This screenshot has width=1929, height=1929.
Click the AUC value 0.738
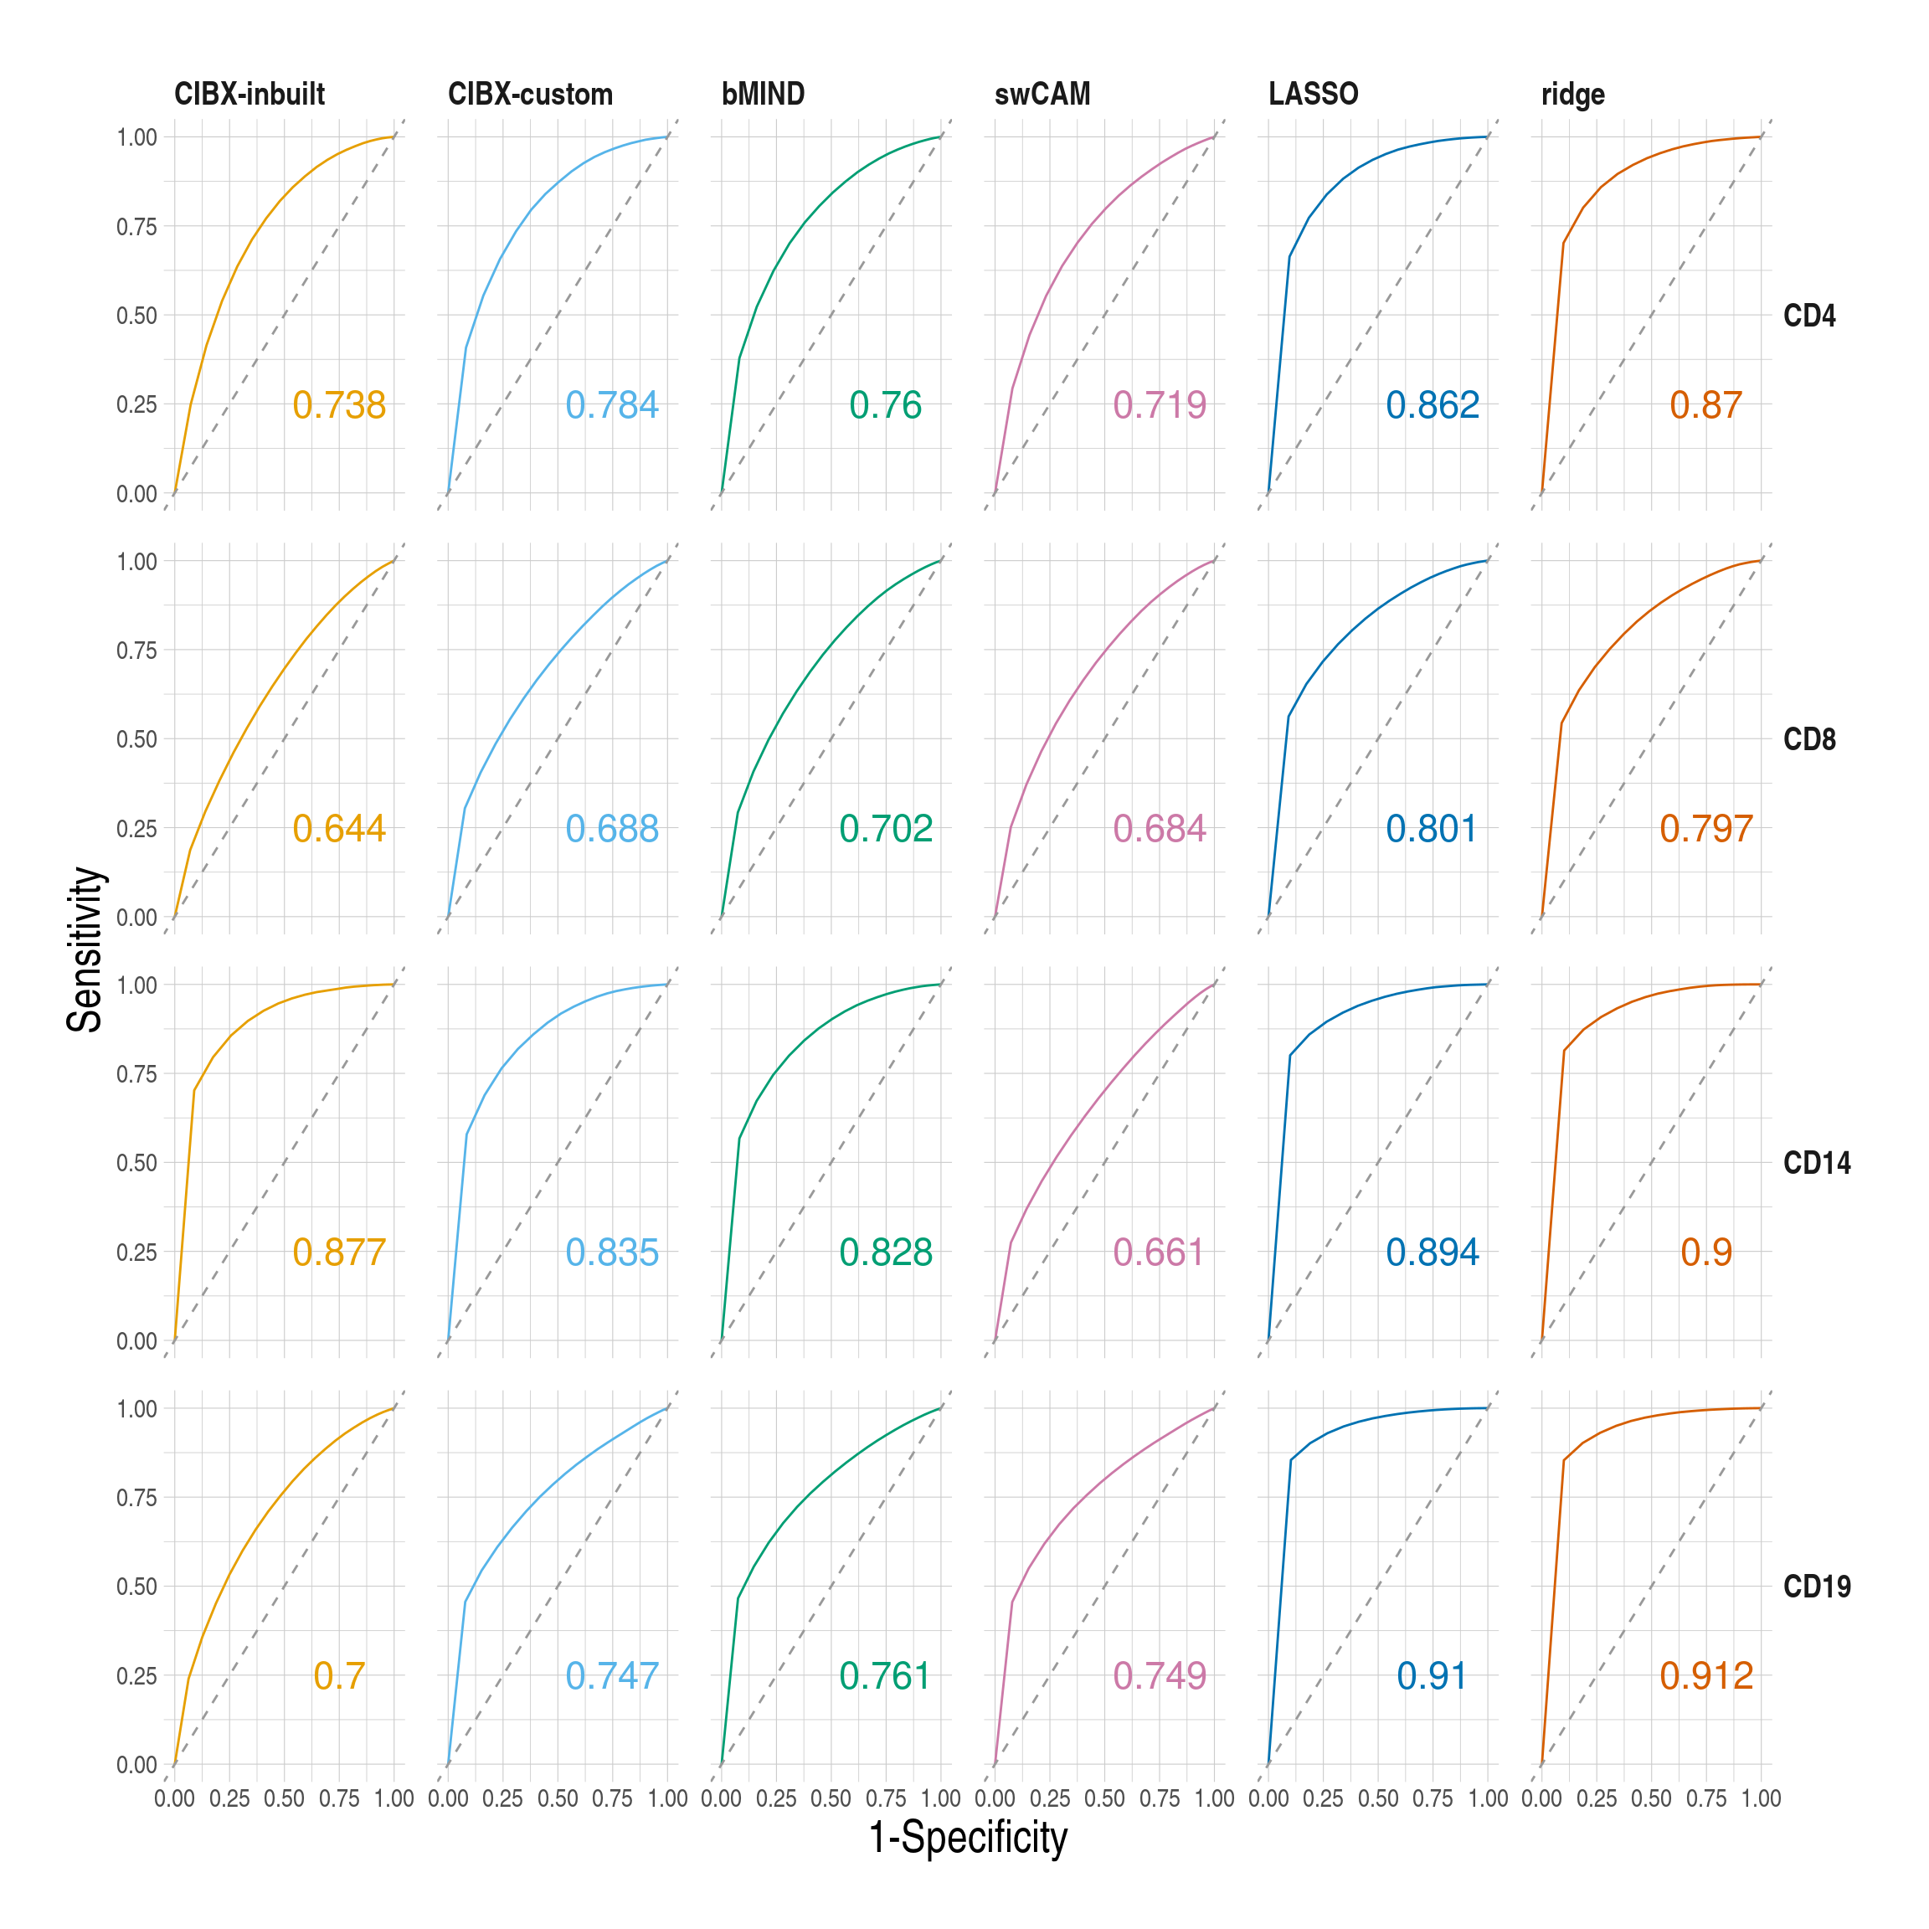[338, 405]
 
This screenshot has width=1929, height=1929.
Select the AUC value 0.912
[1705, 1676]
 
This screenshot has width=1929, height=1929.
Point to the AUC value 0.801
[1431, 829]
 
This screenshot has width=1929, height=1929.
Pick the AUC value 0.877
[338, 1252]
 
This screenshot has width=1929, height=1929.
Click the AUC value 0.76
[885, 405]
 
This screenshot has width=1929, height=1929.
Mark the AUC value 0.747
[611, 1676]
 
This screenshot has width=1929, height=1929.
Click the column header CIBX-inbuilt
[249, 94]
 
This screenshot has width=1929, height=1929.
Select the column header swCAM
[1042, 94]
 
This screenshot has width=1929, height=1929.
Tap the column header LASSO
[1313, 94]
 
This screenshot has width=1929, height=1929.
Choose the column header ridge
[1572, 95]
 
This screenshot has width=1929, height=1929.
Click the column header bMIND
[763, 94]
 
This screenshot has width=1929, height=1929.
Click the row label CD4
[1809, 316]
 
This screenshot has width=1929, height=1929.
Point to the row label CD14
[1816, 1163]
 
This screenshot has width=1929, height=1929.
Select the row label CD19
[1816, 1587]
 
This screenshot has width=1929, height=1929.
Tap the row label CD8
[1809, 740]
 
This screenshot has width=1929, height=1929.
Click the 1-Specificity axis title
[968, 1838]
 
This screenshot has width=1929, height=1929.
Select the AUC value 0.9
[1705, 1252]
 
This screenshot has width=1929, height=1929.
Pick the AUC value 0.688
[611, 829]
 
